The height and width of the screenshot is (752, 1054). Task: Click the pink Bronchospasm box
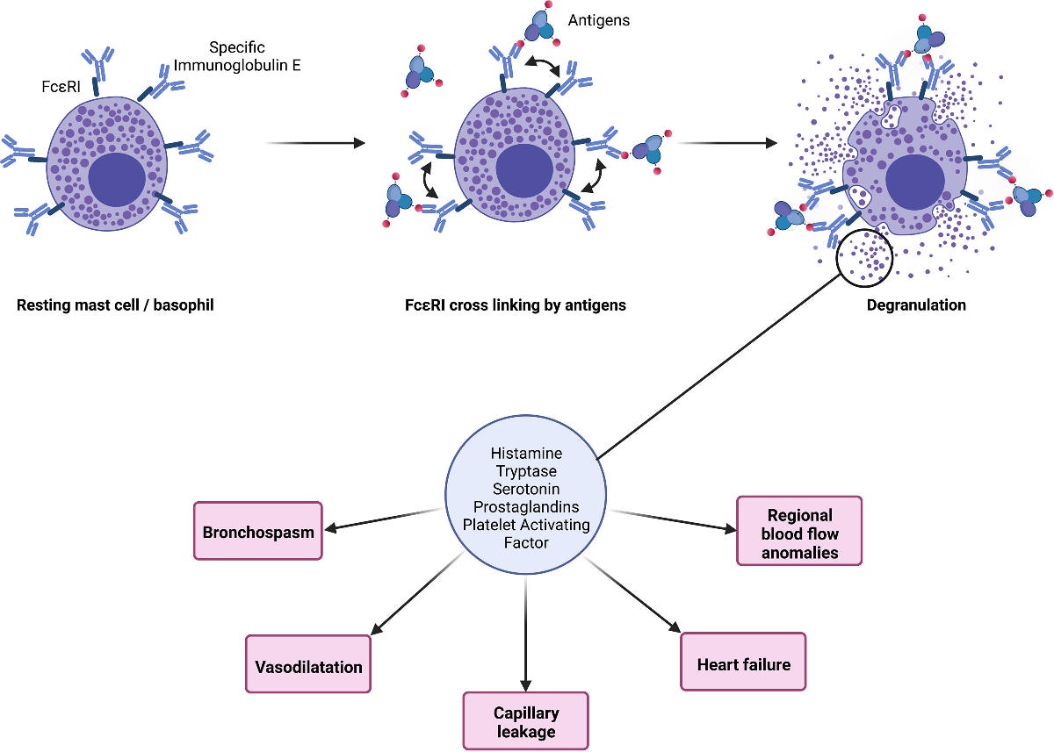coord(258,531)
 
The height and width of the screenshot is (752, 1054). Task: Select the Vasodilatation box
coord(308,666)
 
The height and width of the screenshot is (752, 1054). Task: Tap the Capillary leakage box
coord(525,721)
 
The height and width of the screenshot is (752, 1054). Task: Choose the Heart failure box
coord(743,663)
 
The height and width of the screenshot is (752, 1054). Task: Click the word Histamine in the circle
coord(525,454)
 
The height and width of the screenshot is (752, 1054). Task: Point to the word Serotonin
coord(525,489)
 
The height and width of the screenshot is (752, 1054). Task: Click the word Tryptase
coord(525,471)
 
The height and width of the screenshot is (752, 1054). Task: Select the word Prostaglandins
coord(525,507)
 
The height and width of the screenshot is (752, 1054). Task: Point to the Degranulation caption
coord(916,305)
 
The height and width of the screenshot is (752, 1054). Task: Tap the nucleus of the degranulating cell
coord(915,181)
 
